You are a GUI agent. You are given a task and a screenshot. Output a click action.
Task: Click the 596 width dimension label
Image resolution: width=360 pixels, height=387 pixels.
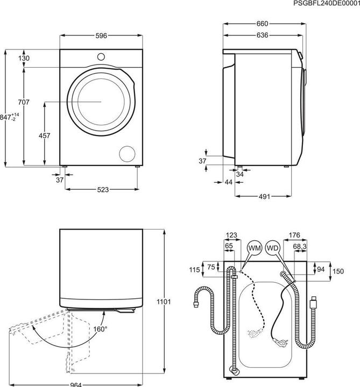[x=101, y=36]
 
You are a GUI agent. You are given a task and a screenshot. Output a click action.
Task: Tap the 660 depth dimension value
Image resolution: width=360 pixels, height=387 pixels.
[x=262, y=24]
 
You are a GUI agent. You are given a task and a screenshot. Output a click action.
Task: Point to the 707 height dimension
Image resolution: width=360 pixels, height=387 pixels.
[x=23, y=102]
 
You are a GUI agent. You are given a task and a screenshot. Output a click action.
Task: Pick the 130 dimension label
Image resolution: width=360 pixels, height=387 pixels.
[x=23, y=58]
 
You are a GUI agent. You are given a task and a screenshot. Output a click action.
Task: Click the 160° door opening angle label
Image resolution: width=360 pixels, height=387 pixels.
[x=100, y=329]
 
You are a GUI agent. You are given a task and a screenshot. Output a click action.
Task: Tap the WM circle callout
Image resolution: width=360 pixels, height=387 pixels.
[x=254, y=248]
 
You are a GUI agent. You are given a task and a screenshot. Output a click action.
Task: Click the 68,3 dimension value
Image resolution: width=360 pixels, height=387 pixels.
[x=300, y=246]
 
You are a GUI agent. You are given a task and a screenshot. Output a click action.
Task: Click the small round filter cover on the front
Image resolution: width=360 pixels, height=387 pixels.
[x=128, y=153]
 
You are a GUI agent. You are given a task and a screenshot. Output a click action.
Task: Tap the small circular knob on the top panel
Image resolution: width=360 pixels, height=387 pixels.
[x=101, y=55]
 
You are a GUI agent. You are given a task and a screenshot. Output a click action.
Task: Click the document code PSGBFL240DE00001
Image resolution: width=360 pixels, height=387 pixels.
[x=326, y=4]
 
